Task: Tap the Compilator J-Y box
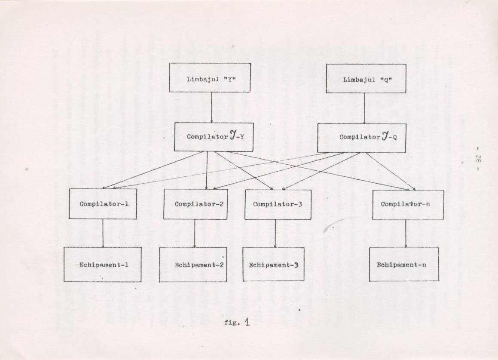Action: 214,137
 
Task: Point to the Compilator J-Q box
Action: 361,138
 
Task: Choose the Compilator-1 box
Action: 103,204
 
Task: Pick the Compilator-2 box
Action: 196,204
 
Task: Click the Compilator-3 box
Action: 278,205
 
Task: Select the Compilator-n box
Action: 408,205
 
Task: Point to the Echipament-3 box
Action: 273,265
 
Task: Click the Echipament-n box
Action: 404,264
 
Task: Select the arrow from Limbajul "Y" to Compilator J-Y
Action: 211,107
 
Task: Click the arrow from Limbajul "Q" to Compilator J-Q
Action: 364,108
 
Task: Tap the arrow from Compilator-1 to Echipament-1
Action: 103,233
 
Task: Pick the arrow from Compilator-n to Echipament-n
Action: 406,234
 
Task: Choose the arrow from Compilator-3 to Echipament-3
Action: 275,234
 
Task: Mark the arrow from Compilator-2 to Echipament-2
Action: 195,233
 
